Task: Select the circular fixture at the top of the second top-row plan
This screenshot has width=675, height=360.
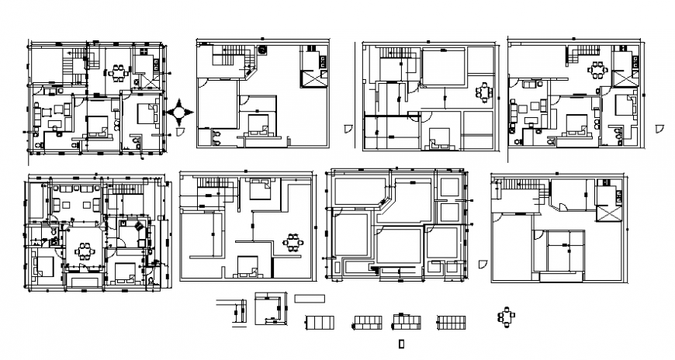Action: pos(262,50)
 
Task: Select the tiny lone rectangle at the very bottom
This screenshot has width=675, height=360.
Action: pos(400,342)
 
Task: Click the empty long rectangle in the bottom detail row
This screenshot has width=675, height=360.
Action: pos(311,298)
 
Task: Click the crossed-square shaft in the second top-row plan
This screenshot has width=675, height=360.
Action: pos(313,78)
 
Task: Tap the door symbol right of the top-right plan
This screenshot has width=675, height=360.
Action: pos(658,128)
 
